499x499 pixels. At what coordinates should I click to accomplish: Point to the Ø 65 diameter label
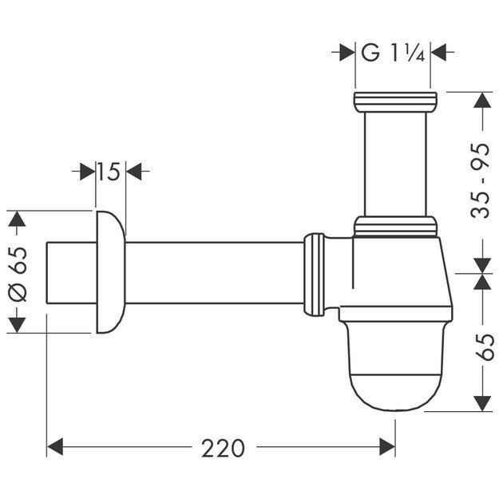18,272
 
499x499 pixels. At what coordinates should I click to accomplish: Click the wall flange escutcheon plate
110,272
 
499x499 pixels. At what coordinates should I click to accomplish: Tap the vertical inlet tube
394,164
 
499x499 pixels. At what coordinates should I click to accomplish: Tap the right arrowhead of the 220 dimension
388,448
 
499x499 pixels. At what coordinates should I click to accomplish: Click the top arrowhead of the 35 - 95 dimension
481,101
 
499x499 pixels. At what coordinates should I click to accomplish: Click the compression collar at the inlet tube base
396,226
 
